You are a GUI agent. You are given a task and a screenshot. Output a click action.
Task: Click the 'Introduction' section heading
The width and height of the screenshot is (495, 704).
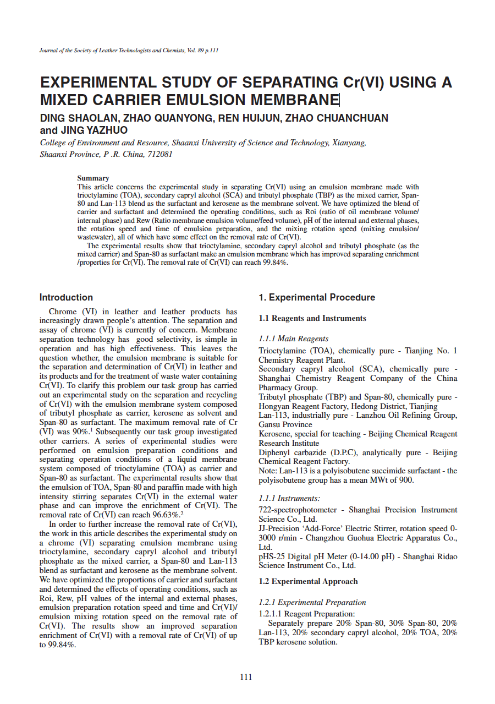pyautogui.click(x=66, y=298)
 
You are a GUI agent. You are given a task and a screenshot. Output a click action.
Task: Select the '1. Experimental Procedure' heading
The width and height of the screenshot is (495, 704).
pyautogui.click(x=317, y=298)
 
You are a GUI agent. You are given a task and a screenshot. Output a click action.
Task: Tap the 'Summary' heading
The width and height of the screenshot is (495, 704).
pyautogui.click(x=93, y=178)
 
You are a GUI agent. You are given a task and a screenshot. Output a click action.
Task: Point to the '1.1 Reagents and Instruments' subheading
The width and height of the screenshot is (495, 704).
pyautogui.click(x=312, y=318)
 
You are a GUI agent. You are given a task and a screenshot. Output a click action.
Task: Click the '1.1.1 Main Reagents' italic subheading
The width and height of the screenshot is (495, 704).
pyautogui.click(x=294, y=339)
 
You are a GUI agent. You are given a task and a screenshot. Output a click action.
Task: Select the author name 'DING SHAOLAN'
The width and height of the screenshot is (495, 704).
pyautogui.click(x=79, y=118)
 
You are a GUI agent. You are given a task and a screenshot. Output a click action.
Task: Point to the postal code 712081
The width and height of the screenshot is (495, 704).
pyautogui.click(x=159, y=154)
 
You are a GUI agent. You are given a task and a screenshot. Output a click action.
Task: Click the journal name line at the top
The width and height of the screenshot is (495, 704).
pyautogui.click(x=129, y=51)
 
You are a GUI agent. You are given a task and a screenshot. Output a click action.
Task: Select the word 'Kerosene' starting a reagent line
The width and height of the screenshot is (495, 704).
pyautogui.click(x=274, y=434)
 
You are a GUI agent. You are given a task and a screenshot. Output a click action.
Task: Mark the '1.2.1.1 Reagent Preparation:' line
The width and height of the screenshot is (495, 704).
pyautogui.click(x=307, y=614)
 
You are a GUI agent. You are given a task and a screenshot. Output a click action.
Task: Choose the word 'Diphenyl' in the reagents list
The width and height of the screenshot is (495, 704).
pyautogui.click(x=273, y=452)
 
